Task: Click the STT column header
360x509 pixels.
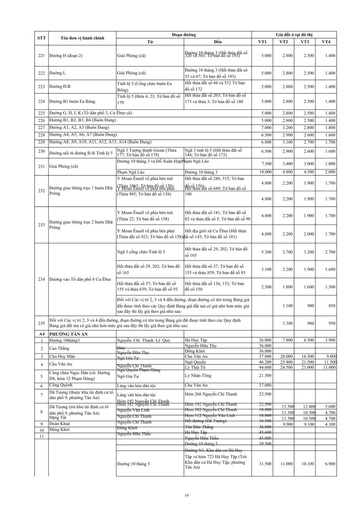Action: click(41, 38)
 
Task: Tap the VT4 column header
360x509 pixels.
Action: click(326, 42)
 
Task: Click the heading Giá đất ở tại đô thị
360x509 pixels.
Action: click(294, 34)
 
